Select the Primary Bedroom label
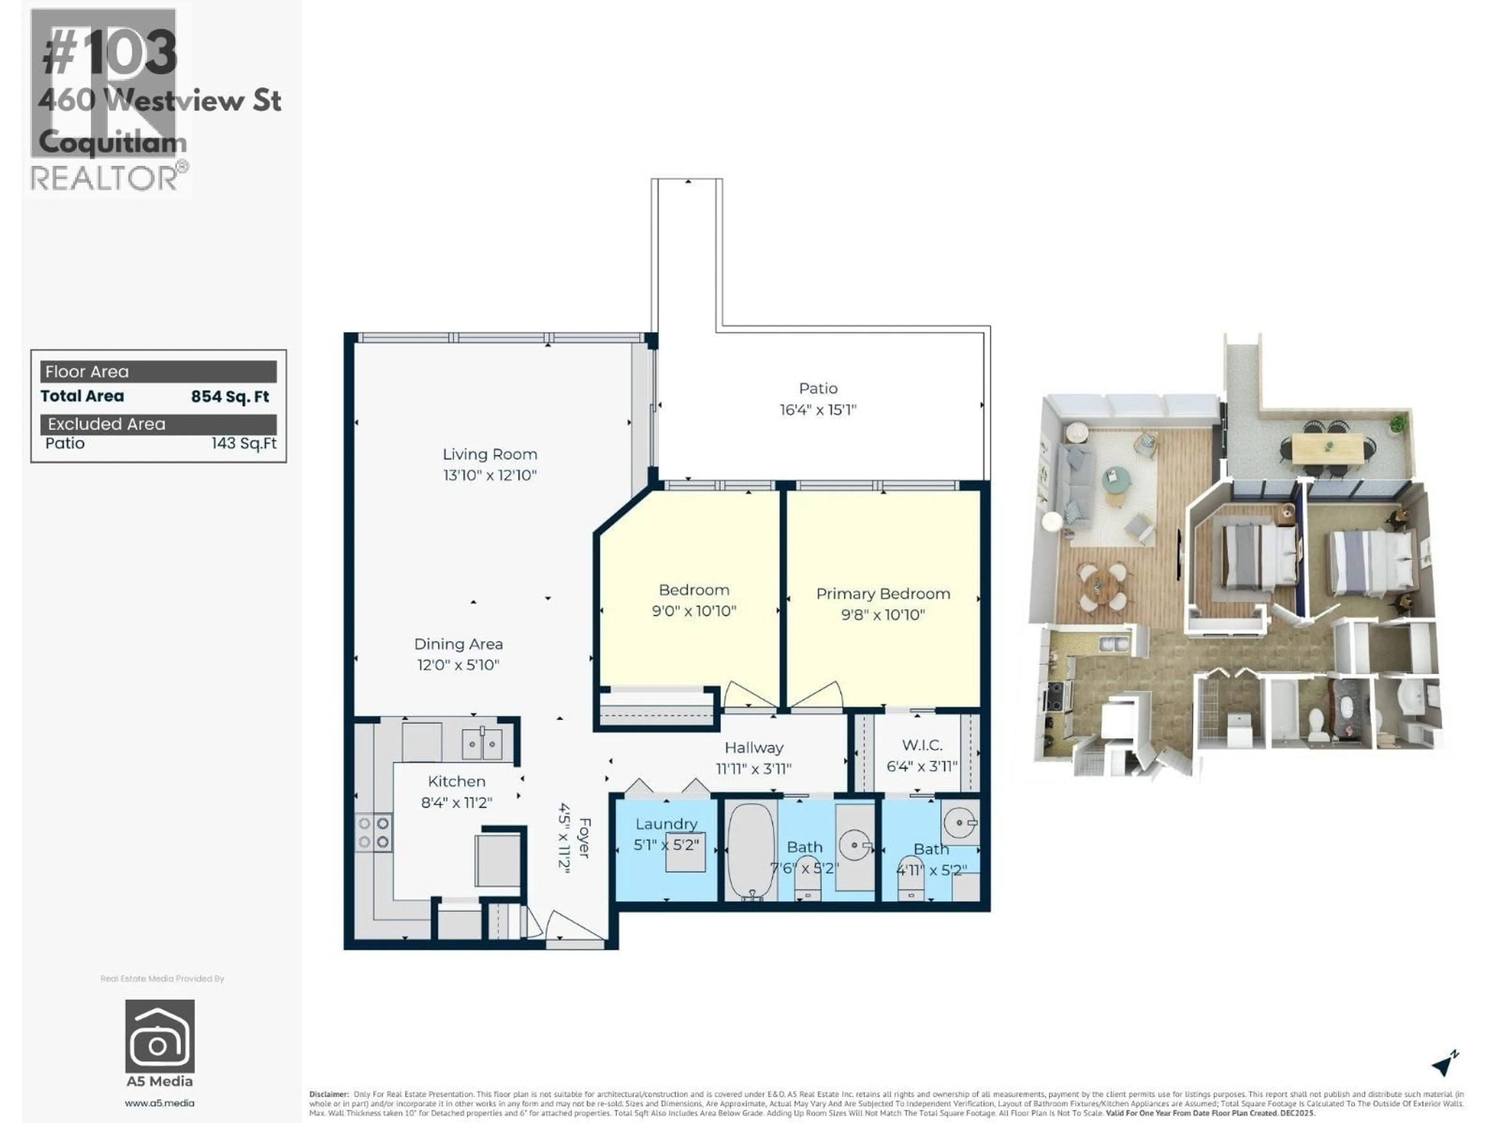[883, 593]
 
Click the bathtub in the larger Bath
[750, 851]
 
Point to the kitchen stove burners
[373, 833]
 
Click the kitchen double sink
[482, 744]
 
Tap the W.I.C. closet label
[922, 745]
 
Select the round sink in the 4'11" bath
[960, 822]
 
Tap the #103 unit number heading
[110, 54]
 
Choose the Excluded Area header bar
[158, 424]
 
